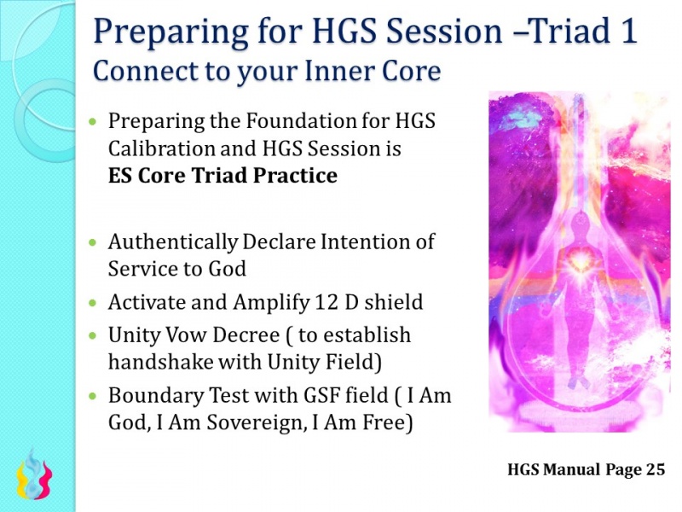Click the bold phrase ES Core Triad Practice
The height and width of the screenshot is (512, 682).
point(223,176)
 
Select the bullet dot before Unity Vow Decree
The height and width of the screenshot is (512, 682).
point(94,335)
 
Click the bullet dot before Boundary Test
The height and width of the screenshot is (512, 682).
point(94,397)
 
